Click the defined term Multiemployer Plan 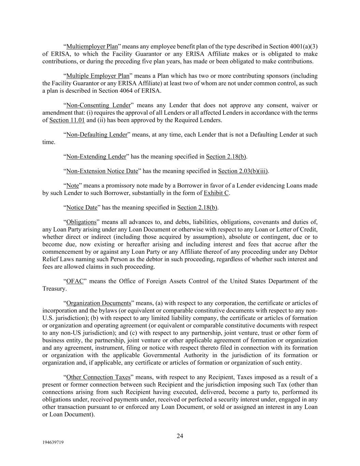coord(92,46)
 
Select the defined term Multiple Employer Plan coord(98,76)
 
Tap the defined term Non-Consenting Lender coord(98,105)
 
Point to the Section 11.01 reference coord(67,120)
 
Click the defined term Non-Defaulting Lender coord(97,135)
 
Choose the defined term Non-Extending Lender coord(96,157)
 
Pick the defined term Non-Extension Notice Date coord(102,171)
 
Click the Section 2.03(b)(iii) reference coord(243,171)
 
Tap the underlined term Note coord(72,186)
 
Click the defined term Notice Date coord(82,208)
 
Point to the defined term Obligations coord(81,222)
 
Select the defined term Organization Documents coord(99,303)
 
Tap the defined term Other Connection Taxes coord(98,377)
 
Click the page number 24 coord(180,436)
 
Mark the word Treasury coord(54,289)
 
